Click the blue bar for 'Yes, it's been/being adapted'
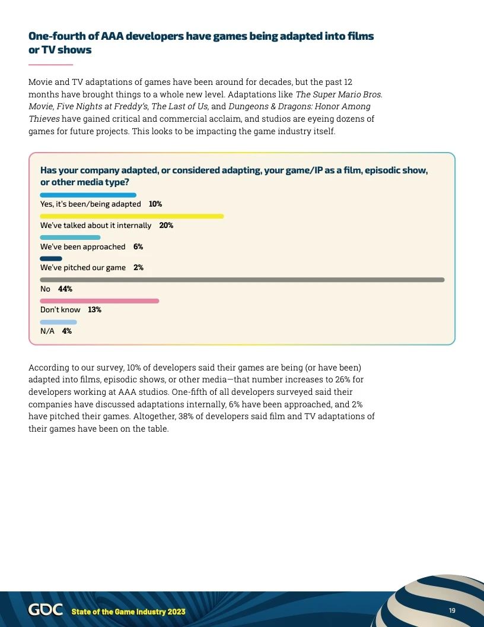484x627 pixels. [x=88, y=195]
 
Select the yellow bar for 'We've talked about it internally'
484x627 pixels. [x=132, y=216]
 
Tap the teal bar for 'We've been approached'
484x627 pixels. [x=70, y=237]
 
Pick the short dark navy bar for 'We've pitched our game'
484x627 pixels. [x=51, y=258]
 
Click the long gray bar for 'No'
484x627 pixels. [x=242, y=280]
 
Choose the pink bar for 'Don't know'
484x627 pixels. [x=100, y=301]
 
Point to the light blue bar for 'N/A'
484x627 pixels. [x=58, y=322]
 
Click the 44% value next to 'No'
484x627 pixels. [x=65, y=289]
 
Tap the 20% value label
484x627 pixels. [x=166, y=226]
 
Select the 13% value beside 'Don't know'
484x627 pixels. [x=94, y=310]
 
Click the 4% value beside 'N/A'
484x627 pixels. [x=67, y=331]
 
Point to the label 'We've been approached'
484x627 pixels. [x=83, y=247]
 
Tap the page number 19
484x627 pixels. [x=452, y=611]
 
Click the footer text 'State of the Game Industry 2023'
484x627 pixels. [x=128, y=612]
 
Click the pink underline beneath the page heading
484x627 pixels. [x=50, y=64]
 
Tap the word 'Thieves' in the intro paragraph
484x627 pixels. [x=43, y=119]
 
